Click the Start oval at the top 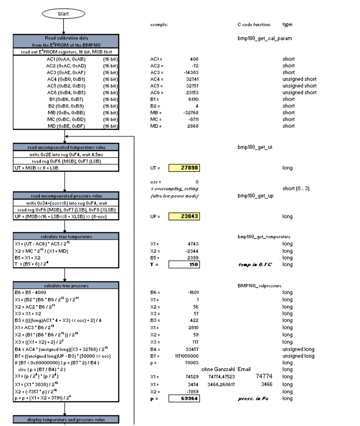[63, 13]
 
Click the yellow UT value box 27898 [184, 168]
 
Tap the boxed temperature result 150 [184, 264]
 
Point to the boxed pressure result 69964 [184, 399]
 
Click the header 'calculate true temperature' [66, 237]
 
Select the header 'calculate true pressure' [66, 286]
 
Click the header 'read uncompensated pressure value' [66, 196]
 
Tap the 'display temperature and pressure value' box [66, 420]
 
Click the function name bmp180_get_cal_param [264, 39]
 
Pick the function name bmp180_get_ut [255, 147]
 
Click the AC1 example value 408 [194, 59]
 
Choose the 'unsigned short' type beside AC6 [299, 92]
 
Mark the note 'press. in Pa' [253, 399]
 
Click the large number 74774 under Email [264, 376]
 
